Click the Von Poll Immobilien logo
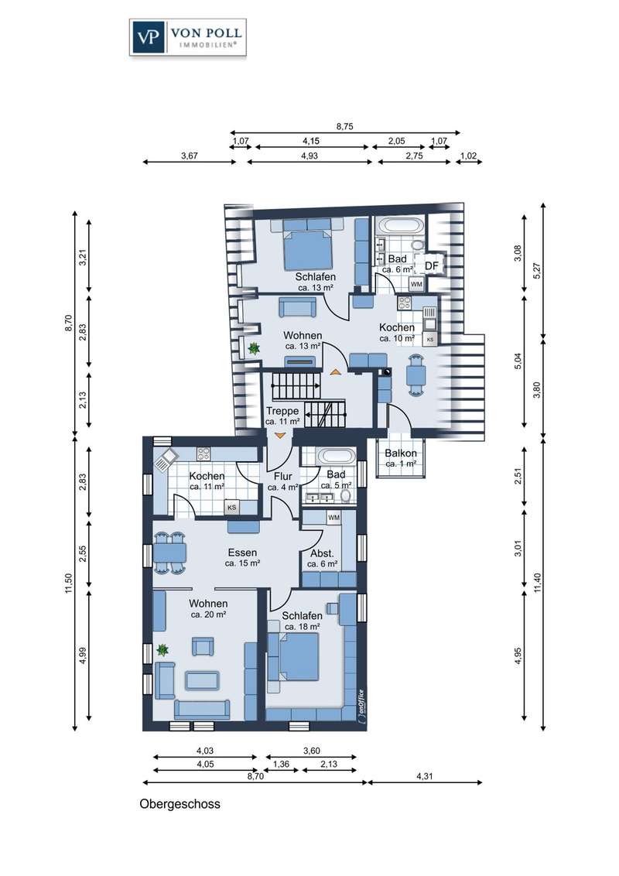coord(188,37)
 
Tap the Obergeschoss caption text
coord(180,804)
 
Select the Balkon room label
coord(401,453)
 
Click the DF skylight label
coord(431,266)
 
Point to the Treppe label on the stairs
coord(282,411)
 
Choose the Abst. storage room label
coord(322,553)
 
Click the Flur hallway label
coord(282,477)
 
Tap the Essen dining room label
coord(242,553)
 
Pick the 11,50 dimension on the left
coord(69,583)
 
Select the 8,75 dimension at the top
coord(344,127)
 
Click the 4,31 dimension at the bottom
coord(425,776)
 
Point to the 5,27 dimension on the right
coord(538,271)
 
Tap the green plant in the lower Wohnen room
coord(162,650)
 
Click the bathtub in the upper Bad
coord(401,227)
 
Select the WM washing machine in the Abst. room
coord(333,518)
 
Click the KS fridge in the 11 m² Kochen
coord(231,508)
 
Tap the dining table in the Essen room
coord(169,553)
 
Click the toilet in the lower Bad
coord(346,496)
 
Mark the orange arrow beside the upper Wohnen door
coord(335,371)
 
